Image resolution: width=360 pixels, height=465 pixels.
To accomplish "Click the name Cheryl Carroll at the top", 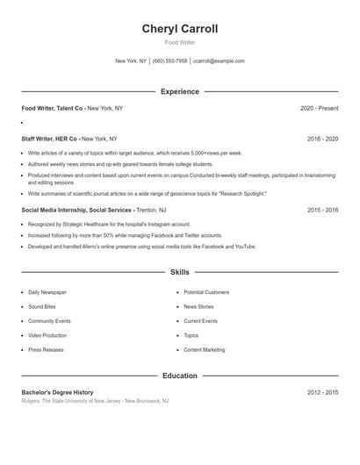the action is click(180, 29).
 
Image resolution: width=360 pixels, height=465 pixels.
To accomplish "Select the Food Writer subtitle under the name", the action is click(180, 42).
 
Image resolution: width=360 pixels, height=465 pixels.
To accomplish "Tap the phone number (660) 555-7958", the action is click(169, 61).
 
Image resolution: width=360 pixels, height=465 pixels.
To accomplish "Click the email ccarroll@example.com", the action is click(219, 61).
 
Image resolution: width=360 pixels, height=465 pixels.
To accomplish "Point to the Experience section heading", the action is click(180, 91).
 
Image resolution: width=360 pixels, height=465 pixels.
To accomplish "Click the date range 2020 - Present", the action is click(319, 108).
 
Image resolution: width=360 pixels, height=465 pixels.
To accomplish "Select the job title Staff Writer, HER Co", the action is click(50, 139).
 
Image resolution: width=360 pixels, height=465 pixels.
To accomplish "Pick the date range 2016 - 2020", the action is click(322, 139).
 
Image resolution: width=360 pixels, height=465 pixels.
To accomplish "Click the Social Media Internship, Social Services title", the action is click(77, 211).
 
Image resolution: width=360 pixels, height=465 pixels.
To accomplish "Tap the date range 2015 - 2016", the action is click(322, 211).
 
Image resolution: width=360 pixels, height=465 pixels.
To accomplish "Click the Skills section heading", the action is click(180, 273).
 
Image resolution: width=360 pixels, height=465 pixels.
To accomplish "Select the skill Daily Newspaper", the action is click(47, 292).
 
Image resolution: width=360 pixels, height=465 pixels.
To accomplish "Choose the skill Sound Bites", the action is click(42, 307).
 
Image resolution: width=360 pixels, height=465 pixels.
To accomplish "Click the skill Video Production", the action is click(47, 335).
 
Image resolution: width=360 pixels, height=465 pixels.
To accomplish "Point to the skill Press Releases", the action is click(46, 350).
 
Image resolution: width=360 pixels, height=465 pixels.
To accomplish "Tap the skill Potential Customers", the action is click(206, 292).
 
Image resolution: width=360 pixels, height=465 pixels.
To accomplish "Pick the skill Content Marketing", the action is click(204, 350).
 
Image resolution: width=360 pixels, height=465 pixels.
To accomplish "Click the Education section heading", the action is click(180, 376).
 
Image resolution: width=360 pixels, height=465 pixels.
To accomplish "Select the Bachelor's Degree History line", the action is click(57, 392).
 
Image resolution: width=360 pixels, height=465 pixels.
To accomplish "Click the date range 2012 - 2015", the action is click(322, 392).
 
